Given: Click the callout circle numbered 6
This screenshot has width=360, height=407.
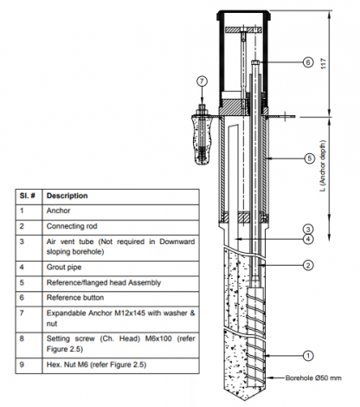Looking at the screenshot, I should [307, 62].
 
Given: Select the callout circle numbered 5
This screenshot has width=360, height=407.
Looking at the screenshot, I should [307, 158].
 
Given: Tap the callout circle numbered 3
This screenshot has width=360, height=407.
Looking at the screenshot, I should [307, 229].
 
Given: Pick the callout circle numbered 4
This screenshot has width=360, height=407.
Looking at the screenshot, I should [307, 239].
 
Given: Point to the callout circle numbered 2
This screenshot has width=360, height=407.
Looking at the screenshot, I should [307, 265].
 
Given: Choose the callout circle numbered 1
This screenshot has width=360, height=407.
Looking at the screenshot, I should [307, 353].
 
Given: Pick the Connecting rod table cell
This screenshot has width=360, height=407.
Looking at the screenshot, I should [73, 225].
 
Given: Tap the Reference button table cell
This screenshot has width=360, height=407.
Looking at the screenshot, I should [77, 296].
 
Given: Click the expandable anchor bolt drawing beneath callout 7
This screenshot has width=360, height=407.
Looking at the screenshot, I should [202, 134].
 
